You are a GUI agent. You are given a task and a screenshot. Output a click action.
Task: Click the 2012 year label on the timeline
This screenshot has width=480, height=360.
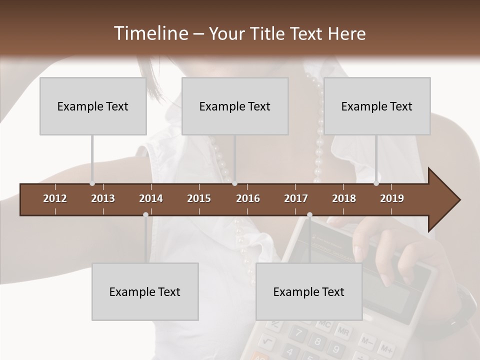tap(55, 198)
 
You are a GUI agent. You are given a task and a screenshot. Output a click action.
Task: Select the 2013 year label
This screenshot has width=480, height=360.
tap(103, 198)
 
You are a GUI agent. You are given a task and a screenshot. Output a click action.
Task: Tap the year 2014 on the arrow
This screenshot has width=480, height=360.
tap(151, 198)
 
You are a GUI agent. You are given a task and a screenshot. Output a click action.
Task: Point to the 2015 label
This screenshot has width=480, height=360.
tap(199, 198)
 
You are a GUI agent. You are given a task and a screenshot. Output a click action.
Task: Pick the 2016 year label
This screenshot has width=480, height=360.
tap(248, 198)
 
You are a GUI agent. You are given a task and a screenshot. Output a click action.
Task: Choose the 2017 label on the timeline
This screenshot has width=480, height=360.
tap(296, 198)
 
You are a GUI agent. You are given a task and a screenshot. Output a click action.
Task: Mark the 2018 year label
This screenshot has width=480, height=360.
tap(344, 198)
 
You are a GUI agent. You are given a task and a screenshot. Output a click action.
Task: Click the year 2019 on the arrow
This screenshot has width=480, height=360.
tap(392, 198)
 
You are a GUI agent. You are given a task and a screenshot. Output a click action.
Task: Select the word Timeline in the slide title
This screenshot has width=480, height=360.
tap(151, 33)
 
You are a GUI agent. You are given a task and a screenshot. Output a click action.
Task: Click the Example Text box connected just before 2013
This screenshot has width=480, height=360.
tap(93, 106)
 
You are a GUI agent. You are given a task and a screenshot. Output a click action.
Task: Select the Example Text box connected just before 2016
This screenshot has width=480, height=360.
tap(235, 106)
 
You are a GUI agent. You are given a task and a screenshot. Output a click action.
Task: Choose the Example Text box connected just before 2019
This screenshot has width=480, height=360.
tap(377, 106)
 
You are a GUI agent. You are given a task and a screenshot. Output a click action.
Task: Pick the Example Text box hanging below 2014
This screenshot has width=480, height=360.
tap(145, 291)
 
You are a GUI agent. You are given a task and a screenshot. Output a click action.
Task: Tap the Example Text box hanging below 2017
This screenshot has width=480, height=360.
tap(309, 291)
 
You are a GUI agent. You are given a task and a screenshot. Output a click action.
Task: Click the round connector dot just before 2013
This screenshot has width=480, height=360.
tap(92, 183)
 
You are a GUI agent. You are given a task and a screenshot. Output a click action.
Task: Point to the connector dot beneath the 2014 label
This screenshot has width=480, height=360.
tap(145, 215)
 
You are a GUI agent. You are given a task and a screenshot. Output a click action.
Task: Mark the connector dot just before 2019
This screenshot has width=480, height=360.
tap(376, 183)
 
